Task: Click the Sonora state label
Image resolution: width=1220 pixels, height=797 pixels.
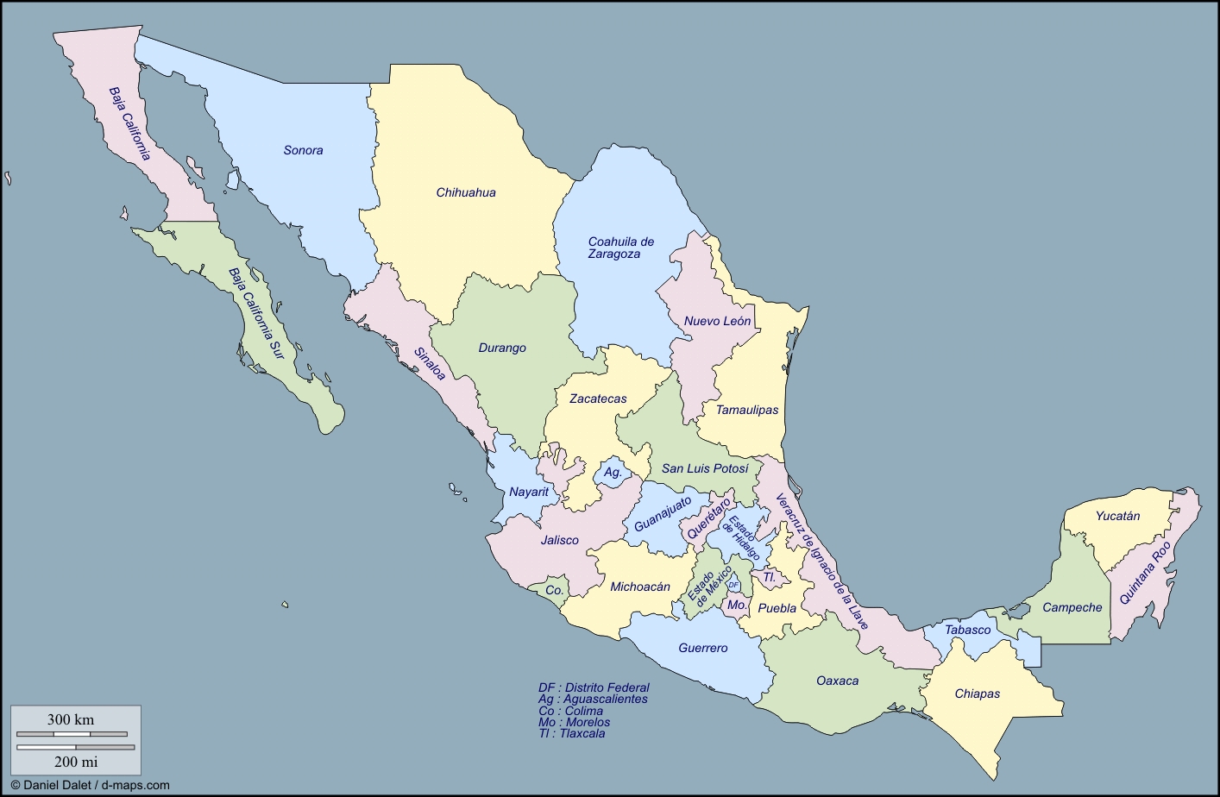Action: [x=303, y=150]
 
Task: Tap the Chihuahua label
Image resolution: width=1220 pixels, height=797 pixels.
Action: [x=465, y=192]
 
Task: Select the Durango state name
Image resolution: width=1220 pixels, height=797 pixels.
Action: [x=501, y=348]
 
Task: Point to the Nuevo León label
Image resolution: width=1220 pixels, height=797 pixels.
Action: [x=717, y=321]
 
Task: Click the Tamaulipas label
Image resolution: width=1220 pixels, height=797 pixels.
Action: [x=747, y=410]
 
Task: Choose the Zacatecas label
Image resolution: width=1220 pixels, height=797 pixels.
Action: [x=598, y=398]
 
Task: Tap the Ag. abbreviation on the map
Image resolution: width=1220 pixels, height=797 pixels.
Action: [x=613, y=473]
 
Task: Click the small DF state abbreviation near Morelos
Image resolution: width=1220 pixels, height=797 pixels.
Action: [x=733, y=585]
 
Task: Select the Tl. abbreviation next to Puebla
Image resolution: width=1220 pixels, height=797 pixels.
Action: [x=769, y=577]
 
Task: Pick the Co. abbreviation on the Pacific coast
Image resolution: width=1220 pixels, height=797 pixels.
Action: [x=554, y=591]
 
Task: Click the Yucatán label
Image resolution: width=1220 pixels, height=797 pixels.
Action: [x=1117, y=516]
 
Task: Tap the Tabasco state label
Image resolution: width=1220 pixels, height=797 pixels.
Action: [x=967, y=630]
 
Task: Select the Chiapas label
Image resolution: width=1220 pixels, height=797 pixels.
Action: [x=977, y=693]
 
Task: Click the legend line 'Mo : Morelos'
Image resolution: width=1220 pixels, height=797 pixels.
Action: [x=574, y=722]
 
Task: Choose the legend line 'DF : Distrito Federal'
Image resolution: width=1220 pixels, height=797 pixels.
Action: [x=594, y=687]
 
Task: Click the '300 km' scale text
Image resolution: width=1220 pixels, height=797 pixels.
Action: [x=71, y=719]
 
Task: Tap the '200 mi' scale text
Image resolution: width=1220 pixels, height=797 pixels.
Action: [x=76, y=761]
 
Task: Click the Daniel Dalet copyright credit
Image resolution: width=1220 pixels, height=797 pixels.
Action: [x=90, y=785]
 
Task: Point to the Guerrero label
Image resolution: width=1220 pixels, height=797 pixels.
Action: [x=702, y=648]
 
